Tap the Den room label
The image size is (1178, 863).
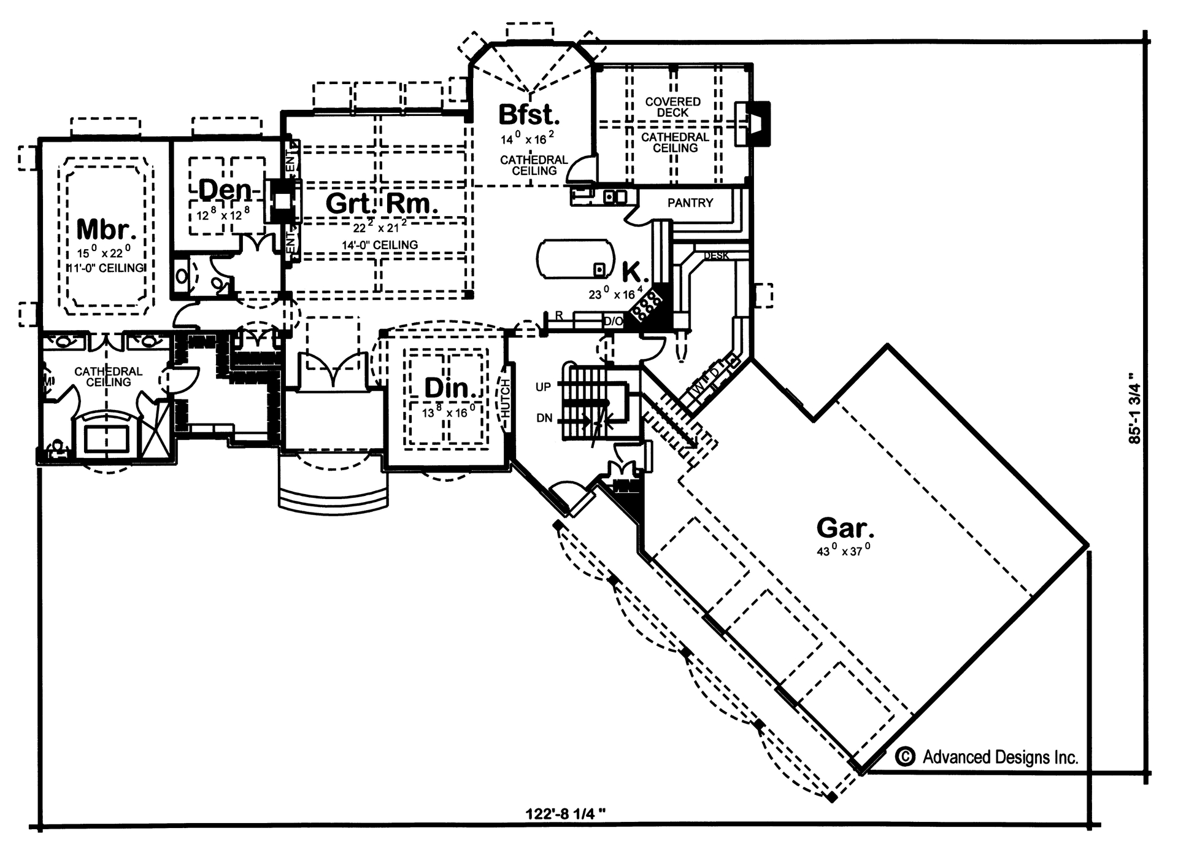[x=225, y=190]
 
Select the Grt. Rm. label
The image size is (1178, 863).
[x=382, y=203]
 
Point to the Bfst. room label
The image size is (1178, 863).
[x=528, y=115]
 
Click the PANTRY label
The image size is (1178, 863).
[x=690, y=203]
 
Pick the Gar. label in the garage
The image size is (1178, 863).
[x=845, y=527]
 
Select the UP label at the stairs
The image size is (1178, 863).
[x=543, y=387]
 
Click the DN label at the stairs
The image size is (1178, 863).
[x=544, y=418]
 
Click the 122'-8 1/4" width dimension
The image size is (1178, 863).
[x=566, y=814]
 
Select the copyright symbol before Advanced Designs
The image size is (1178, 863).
[x=905, y=757]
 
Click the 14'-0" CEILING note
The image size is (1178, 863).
[x=380, y=245]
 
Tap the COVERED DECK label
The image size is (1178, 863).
[x=673, y=107]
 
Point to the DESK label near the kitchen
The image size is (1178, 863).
[x=715, y=255]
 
